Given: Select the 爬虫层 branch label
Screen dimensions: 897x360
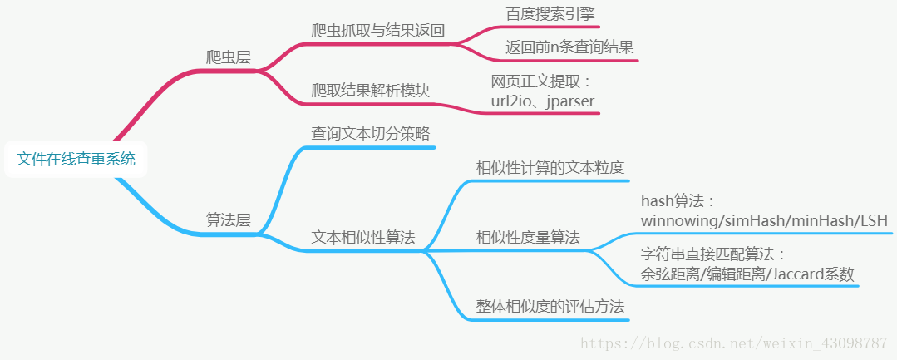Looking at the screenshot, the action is [x=229, y=57].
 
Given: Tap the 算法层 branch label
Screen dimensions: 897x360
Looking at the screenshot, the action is [x=229, y=220].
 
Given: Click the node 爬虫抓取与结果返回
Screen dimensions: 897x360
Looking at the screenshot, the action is [x=378, y=31].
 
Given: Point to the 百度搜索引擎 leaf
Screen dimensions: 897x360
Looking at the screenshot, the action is [x=550, y=14].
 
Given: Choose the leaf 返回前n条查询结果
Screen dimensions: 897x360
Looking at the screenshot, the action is [x=569, y=47].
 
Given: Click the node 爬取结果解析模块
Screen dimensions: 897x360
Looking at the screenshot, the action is [x=370, y=90].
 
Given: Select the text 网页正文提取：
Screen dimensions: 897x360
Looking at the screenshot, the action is [x=540, y=81].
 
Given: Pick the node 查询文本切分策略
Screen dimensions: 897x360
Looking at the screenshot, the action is [x=370, y=133].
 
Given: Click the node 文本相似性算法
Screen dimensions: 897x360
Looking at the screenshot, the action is [x=362, y=237].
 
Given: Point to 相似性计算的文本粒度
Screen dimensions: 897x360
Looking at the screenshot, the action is [x=550, y=167].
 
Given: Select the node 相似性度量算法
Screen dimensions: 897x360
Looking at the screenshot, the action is [x=528, y=238].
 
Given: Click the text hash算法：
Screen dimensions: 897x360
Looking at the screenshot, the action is [x=678, y=201].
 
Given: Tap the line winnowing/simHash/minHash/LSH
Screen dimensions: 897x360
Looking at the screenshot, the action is [x=764, y=220].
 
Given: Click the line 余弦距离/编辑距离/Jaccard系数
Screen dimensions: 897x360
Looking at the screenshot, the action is [x=747, y=274].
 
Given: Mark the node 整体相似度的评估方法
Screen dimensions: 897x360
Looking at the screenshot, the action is [x=550, y=307].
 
